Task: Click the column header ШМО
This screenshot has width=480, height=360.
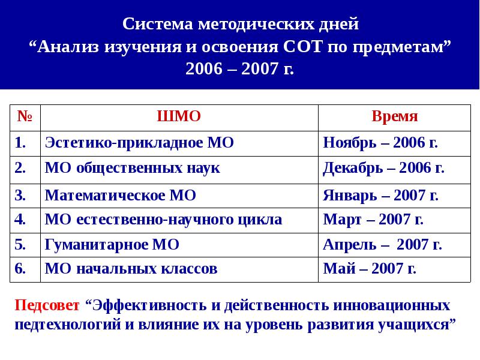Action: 178,116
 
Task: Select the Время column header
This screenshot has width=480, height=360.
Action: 394,116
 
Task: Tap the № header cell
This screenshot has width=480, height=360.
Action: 25,116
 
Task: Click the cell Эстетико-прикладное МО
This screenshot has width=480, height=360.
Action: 139,143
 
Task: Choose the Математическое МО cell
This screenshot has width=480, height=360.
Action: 121,195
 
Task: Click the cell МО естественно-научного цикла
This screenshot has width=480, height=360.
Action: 163,220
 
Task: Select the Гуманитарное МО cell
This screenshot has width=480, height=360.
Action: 112,245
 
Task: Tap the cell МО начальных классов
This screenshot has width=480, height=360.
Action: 131,269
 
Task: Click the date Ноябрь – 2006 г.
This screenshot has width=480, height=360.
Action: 380,143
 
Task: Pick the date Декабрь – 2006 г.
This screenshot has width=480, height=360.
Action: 383,168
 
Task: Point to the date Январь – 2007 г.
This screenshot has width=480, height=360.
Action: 380,195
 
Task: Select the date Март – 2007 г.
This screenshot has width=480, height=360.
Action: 373,220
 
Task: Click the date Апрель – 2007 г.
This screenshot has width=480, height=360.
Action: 382,245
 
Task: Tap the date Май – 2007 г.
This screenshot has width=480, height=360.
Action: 370,269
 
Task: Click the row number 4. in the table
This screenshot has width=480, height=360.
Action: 20,220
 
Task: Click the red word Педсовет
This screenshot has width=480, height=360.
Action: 47,305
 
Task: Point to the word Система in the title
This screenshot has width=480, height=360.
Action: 159,25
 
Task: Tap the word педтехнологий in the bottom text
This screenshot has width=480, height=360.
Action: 64,325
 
